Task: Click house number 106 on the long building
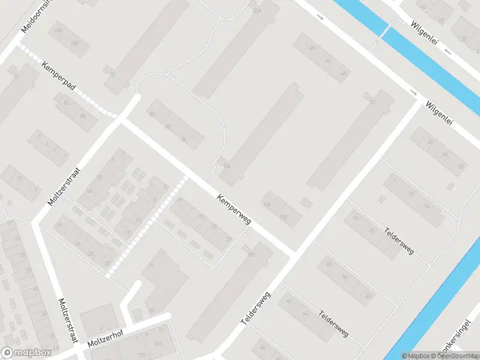[250, 255]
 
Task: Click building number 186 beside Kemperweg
[267, 205]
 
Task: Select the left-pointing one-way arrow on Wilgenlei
[447, 52]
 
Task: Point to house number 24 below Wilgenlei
[445, 154]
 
